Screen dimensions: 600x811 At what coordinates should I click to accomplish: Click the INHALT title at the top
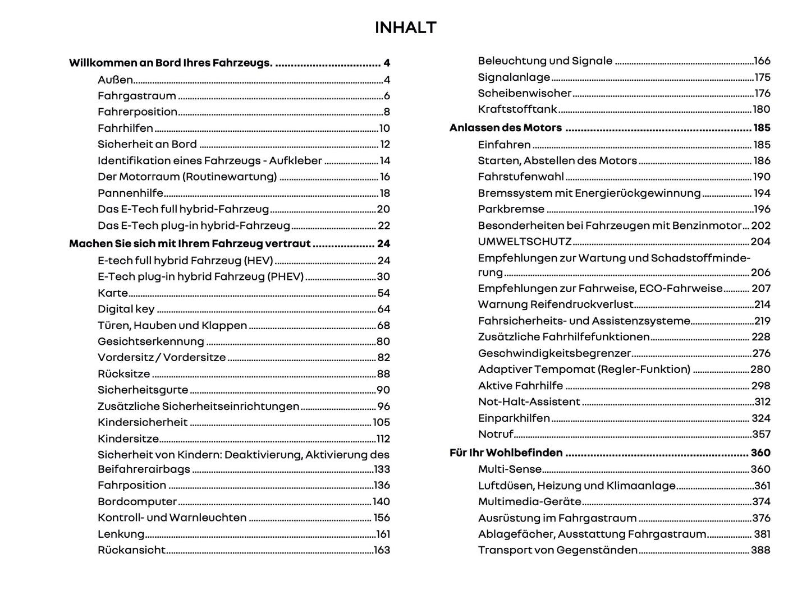(x=405, y=27)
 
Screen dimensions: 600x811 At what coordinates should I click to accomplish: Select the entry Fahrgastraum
(x=136, y=96)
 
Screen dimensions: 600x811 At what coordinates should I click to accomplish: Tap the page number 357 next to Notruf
(x=761, y=434)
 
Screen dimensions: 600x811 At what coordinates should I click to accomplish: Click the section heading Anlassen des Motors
(x=505, y=128)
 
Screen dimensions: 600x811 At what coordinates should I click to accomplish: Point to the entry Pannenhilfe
(x=130, y=193)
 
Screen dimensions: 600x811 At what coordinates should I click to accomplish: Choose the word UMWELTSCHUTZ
(x=524, y=242)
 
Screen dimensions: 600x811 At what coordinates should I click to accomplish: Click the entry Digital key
(x=126, y=309)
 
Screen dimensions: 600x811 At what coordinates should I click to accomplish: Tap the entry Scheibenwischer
(x=524, y=93)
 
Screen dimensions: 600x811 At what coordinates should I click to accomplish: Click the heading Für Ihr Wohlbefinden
(x=506, y=453)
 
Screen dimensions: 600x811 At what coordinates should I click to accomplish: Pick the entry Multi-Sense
(x=510, y=469)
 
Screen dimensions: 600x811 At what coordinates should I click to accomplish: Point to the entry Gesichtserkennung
(x=150, y=341)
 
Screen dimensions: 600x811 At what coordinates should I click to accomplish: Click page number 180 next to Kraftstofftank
(x=761, y=109)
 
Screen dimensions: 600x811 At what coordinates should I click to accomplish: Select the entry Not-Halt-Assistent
(x=529, y=401)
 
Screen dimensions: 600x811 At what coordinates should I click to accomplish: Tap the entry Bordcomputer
(x=137, y=501)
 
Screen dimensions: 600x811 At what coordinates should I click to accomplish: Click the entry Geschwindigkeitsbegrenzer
(x=555, y=353)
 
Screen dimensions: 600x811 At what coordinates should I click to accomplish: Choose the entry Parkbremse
(x=511, y=209)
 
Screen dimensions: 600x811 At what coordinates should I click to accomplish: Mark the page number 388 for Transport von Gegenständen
(x=760, y=550)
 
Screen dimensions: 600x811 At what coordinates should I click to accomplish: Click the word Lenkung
(x=121, y=534)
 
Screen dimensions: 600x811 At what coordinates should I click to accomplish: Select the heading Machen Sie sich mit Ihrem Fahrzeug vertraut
(x=190, y=244)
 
